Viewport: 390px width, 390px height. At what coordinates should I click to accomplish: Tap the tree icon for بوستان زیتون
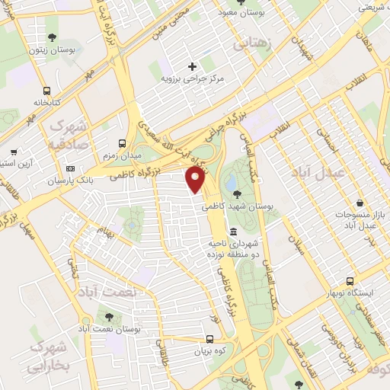coord(51,37)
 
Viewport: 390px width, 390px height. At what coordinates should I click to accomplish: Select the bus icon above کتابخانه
coord(48,89)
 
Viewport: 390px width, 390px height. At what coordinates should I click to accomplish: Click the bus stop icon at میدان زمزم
coord(122,142)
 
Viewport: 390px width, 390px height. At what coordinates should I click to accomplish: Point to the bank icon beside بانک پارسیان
coord(71,168)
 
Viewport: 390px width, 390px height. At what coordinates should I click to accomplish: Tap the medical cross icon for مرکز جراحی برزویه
coord(192,66)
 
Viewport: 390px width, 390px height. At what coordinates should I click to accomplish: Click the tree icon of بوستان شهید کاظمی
coord(238,193)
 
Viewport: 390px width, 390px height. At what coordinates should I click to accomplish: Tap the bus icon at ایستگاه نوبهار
coord(350,281)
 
